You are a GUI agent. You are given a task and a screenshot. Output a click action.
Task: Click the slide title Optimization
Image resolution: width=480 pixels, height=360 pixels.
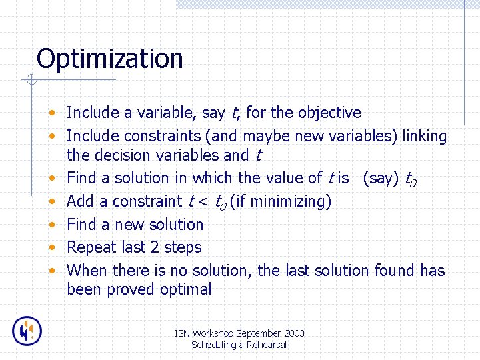pyautogui.click(x=109, y=59)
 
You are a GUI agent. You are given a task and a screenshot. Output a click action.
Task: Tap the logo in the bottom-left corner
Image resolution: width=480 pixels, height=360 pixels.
pyautogui.click(x=27, y=331)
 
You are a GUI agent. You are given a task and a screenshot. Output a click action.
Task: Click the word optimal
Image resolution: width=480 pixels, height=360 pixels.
pyautogui.click(x=185, y=289)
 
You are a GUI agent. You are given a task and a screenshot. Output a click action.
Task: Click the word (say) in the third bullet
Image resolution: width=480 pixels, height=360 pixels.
pyautogui.click(x=381, y=178)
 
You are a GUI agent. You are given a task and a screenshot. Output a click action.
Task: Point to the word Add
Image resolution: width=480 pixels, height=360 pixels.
pyautogui.click(x=80, y=201)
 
